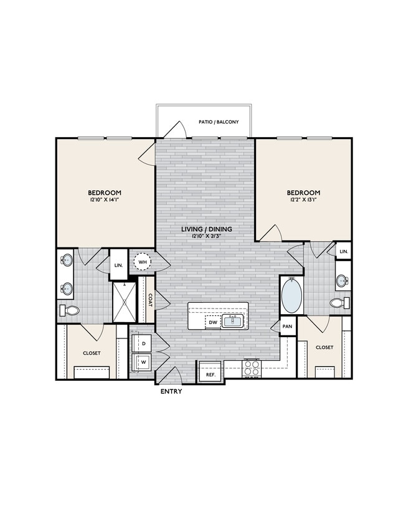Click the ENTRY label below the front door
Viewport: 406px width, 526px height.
pos(171,392)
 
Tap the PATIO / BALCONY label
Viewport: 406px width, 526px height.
pos(218,122)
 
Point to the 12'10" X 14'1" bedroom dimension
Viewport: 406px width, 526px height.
pos(104,201)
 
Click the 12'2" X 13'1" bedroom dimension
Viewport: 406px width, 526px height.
pos(303,201)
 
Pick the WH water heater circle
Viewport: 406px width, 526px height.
pos(143,262)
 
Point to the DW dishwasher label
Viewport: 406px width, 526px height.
pos(213,322)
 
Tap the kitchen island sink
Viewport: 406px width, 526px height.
pos(233,321)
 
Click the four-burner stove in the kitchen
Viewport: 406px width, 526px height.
pos(252,368)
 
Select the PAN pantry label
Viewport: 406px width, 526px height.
pos(287,326)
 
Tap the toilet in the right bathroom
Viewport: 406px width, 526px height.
pos(338,303)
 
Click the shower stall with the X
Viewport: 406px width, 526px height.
pos(124,302)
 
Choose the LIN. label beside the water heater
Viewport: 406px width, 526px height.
pos(118,264)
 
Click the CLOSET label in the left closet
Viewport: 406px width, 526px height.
pos(92,352)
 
